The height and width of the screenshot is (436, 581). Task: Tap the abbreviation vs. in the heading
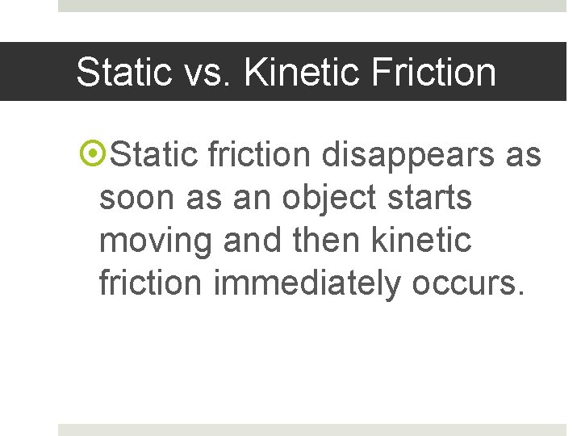coord(211,72)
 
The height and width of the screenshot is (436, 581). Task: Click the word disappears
coord(407,153)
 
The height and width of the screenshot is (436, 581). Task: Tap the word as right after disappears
coord(523,153)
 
